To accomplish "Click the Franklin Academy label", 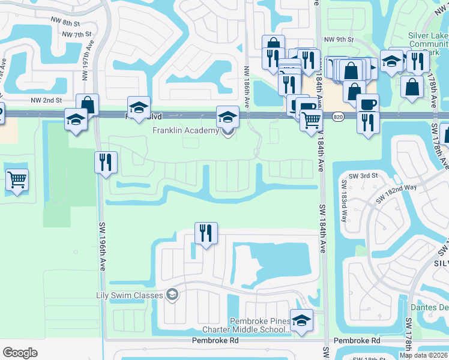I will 185,131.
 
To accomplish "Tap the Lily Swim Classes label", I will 130,295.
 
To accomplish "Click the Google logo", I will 20,353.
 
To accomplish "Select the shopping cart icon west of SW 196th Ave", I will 17,179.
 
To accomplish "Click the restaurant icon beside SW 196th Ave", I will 105,163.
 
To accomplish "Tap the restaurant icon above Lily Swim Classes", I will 206,233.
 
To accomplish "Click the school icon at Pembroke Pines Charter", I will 301,320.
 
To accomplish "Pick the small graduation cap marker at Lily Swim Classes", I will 172,294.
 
